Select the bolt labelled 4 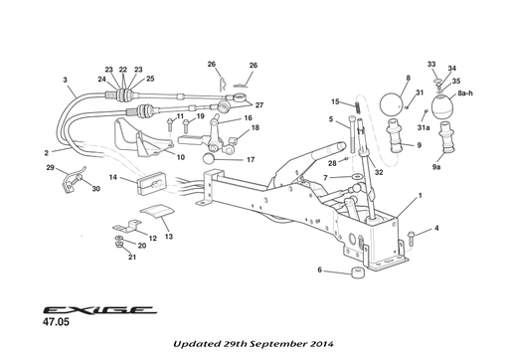click(x=412, y=235)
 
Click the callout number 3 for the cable click(x=65, y=79)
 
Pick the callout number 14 click(x=114, y=177)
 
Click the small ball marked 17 click(x=211, y=158)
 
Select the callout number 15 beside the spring click(x=335, y=100)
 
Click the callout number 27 click(x=259, y=104)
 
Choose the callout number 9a click(x=436, y=168)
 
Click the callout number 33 click(x=431, y=64)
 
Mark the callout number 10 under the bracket click(x=180, y=156)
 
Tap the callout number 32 click(x=379, y=172)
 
